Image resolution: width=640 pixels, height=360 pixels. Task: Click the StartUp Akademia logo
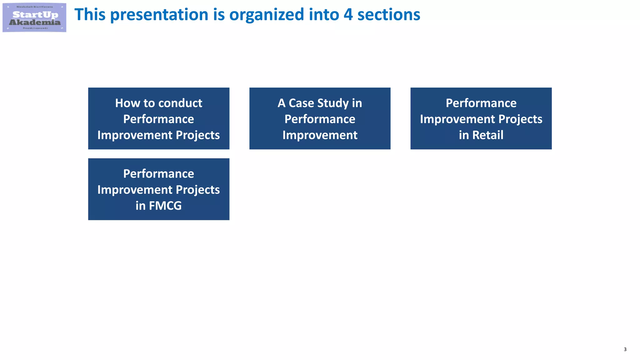coord(34,17)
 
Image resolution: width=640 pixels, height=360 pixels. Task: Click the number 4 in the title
coord(348,15)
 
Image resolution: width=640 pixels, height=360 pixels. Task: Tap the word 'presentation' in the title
coord(159,15)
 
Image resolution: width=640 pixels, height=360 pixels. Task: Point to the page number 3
coord(625,349)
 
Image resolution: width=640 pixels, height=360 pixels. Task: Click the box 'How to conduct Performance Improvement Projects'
coord(158,118)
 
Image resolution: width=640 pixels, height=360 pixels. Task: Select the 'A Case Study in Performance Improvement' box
coord(320,118)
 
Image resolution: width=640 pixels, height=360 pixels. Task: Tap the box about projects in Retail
coord(481,118)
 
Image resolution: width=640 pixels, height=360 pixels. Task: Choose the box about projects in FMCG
coord(158,189)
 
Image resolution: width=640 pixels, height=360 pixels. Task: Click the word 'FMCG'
coord(165,206)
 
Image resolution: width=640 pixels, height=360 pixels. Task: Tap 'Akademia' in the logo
coord(35,22)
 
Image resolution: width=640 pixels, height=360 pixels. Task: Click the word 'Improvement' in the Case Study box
coord(320,135)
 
